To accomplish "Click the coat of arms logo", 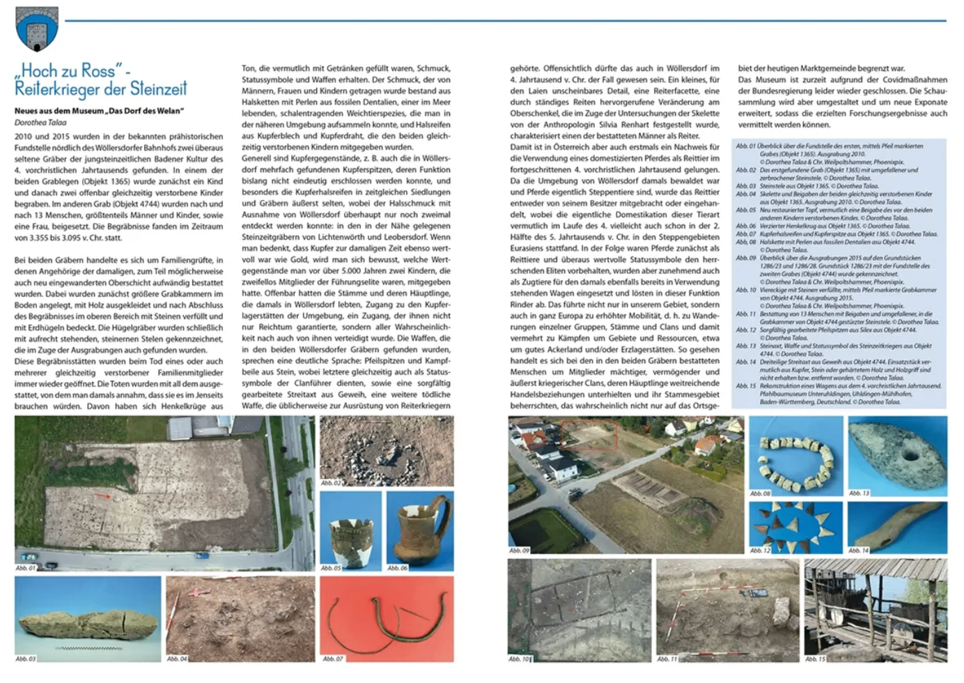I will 36,29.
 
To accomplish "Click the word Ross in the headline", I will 98,70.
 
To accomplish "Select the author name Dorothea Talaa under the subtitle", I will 41,123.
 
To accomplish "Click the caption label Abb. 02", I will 331,483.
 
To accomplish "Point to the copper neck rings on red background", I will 387,617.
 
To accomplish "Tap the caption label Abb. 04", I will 177,658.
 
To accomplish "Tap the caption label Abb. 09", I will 520,551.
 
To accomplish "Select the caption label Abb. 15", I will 815,658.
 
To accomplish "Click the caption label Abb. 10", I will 520,658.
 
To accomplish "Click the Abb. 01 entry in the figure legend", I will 746,146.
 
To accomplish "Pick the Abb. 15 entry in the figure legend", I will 746,385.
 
